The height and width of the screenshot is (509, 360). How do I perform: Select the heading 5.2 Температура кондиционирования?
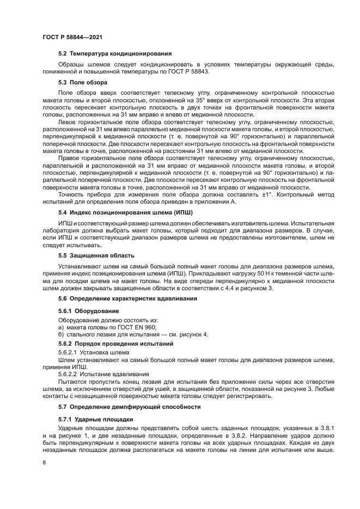pos(115,53)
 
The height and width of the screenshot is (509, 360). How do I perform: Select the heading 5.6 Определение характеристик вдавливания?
pos(127,298)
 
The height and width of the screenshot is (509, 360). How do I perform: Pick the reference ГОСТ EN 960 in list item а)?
pos(136,327)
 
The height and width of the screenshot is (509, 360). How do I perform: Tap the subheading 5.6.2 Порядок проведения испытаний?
pos(116,345)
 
